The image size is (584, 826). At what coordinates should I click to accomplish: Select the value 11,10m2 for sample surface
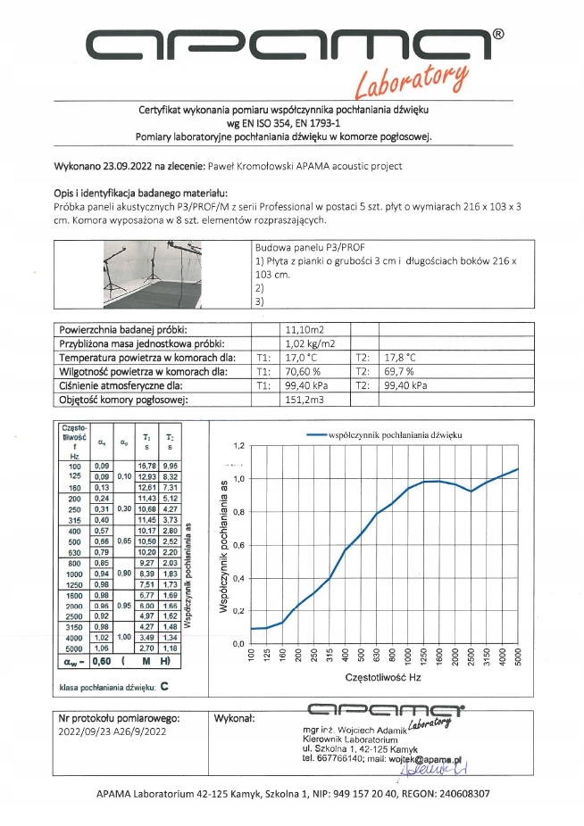302,329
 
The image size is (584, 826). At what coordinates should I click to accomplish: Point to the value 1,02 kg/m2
309,342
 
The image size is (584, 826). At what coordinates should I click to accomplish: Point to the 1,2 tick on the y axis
238,446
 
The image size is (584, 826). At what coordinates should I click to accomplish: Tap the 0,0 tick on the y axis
238,644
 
